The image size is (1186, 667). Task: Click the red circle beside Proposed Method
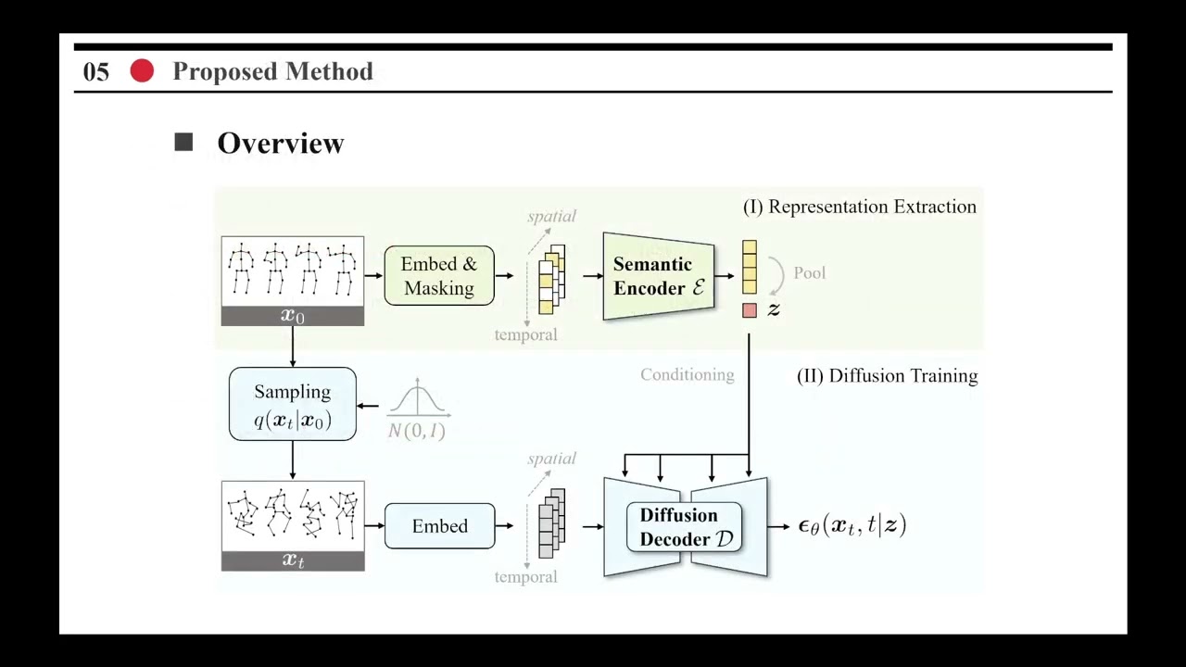pyautogui.click(x=142, y=71)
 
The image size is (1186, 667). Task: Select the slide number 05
pyautogui.click(x=96, y=72)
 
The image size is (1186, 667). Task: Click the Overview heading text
pyautogui.click(x=280, y=143)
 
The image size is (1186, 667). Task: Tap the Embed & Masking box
pyautogui.click(x=439, y=276)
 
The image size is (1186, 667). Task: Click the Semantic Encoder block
pyautogui.click(x=658, y=276)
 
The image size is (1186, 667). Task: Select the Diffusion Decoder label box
pyautogui.click(x=685, y=527)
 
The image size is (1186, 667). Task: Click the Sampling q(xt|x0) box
pyautogui.click(x=293, y=404)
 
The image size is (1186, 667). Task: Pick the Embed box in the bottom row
pyautogui.click(x=439, y=526)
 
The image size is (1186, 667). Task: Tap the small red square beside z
pyautogui.click(x=749, y=311)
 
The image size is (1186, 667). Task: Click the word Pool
pyautogui.click(x=809, y=273)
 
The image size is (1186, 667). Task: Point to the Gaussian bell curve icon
pyautogui.click(x=418, y=397)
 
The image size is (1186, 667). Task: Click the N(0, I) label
pyautogui.click(x=417, y=431)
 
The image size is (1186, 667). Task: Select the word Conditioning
pyautogui.click(x=687, y=375)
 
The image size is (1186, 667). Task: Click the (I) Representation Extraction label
pyautogui.click(x=859, y=207)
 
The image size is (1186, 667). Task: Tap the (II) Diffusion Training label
pyautogui.click(x=887, y=375)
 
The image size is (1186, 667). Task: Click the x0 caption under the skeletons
pyautogui.click(x=293, y=316)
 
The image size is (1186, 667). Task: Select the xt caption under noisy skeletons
pyautogui.click(x=293, y=560)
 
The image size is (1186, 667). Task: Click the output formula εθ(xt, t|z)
pyautogui.click(x=852, y=525)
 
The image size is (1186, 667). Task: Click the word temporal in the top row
pyautogui.click(x=525, y=334)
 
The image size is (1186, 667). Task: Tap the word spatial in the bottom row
pyautogui.click(x=551, y=459)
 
